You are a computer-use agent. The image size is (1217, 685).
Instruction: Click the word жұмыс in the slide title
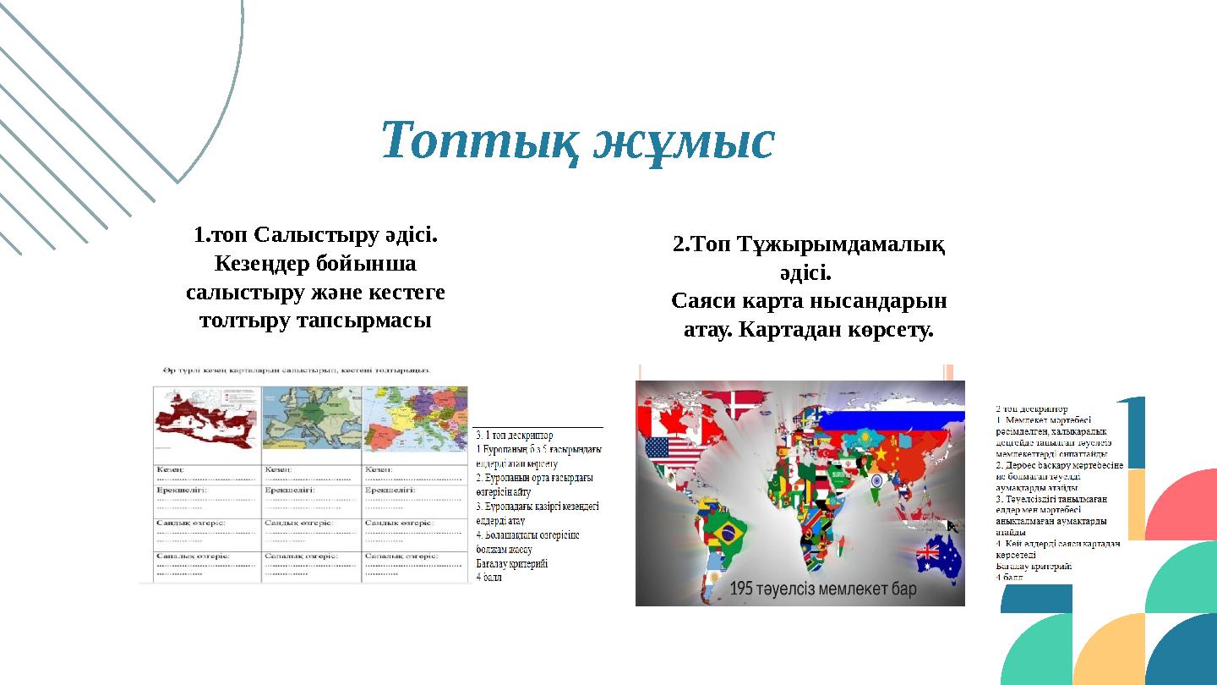pos(683,140)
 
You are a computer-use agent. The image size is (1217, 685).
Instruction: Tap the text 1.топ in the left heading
pos(221,234)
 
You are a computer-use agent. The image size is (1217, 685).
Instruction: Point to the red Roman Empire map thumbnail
pos(206,421)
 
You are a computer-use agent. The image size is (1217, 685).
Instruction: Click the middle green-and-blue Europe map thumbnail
pos(311,421)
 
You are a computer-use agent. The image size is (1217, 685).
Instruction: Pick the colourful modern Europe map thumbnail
pos(414,421)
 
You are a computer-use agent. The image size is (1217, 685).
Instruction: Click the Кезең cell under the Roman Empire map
pos(206,474)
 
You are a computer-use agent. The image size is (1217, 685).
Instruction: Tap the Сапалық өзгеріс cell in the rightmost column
pos(414,565)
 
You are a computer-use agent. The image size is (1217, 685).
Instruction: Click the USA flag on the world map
pos(673,452)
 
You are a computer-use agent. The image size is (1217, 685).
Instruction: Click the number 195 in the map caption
pos(748,589)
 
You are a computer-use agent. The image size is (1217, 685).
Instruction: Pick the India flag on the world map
pos(876,481)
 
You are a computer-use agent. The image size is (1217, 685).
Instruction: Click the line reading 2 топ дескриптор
pos(1031,408)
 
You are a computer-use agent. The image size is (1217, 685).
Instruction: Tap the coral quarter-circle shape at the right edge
pos(1183,507)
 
